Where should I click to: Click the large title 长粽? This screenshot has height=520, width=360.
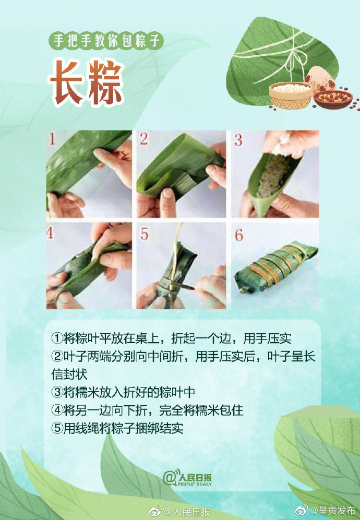(x=87, y=82)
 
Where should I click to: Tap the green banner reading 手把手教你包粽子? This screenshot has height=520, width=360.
(x=106, y=41)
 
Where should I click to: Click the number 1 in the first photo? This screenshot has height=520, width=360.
(x=53, y=139)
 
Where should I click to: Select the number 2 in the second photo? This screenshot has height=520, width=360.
(x=144, y=139)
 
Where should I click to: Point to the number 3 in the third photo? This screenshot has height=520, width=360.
(x=238, y=140)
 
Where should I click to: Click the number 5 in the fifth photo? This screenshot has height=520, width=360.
(x=145, y=234)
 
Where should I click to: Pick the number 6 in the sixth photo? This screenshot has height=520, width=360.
(x=238, y=235)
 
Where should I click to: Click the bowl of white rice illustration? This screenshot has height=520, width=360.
(x=291, y=94)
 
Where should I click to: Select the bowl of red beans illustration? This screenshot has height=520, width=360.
(x=332, y=98)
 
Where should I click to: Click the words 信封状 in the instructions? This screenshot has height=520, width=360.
(x=69, y=374)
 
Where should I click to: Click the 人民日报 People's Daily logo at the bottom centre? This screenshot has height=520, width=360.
(x=187, y=477)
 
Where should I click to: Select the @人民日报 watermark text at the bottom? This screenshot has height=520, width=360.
(x=182, y=511)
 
